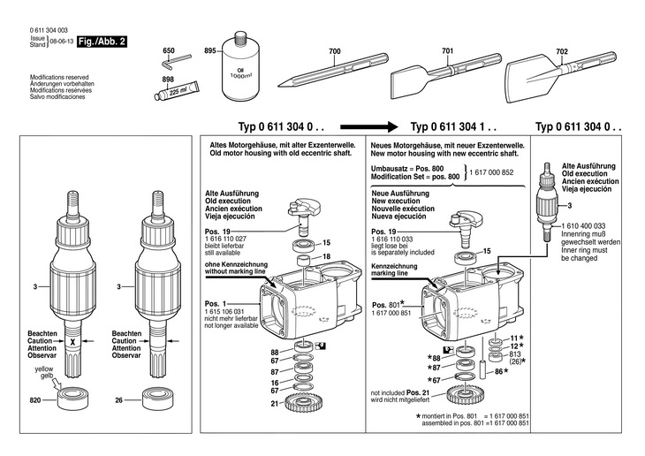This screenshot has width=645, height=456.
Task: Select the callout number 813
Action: click(515, 353)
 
